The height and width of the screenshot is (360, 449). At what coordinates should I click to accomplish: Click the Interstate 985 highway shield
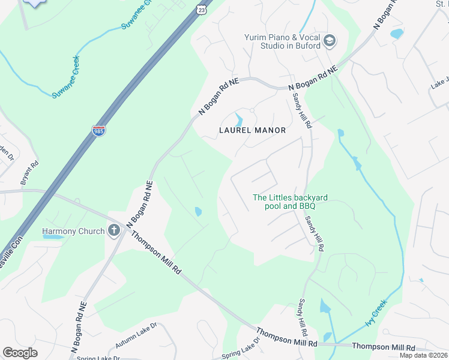(x=98, y=131)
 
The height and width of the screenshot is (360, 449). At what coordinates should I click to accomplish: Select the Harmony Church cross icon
(x=114, y=230)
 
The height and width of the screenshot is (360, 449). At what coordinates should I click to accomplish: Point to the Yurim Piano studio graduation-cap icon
(x=328, y=41)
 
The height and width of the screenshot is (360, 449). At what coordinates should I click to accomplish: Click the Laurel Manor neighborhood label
(x=252, y=130)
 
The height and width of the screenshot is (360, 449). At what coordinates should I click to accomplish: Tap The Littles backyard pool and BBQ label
(x=284, y=202)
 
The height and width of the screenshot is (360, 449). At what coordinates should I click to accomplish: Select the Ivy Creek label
(x=375, y=315)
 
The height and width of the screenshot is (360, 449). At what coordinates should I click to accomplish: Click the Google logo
(x=20, y=353)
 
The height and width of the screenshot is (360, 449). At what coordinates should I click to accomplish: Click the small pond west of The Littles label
(x=198, y=211)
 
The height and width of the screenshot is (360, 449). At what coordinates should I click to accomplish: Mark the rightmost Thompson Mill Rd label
(x=383, y=347)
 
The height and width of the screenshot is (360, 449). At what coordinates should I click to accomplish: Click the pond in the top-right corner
(x=397, y=34)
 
